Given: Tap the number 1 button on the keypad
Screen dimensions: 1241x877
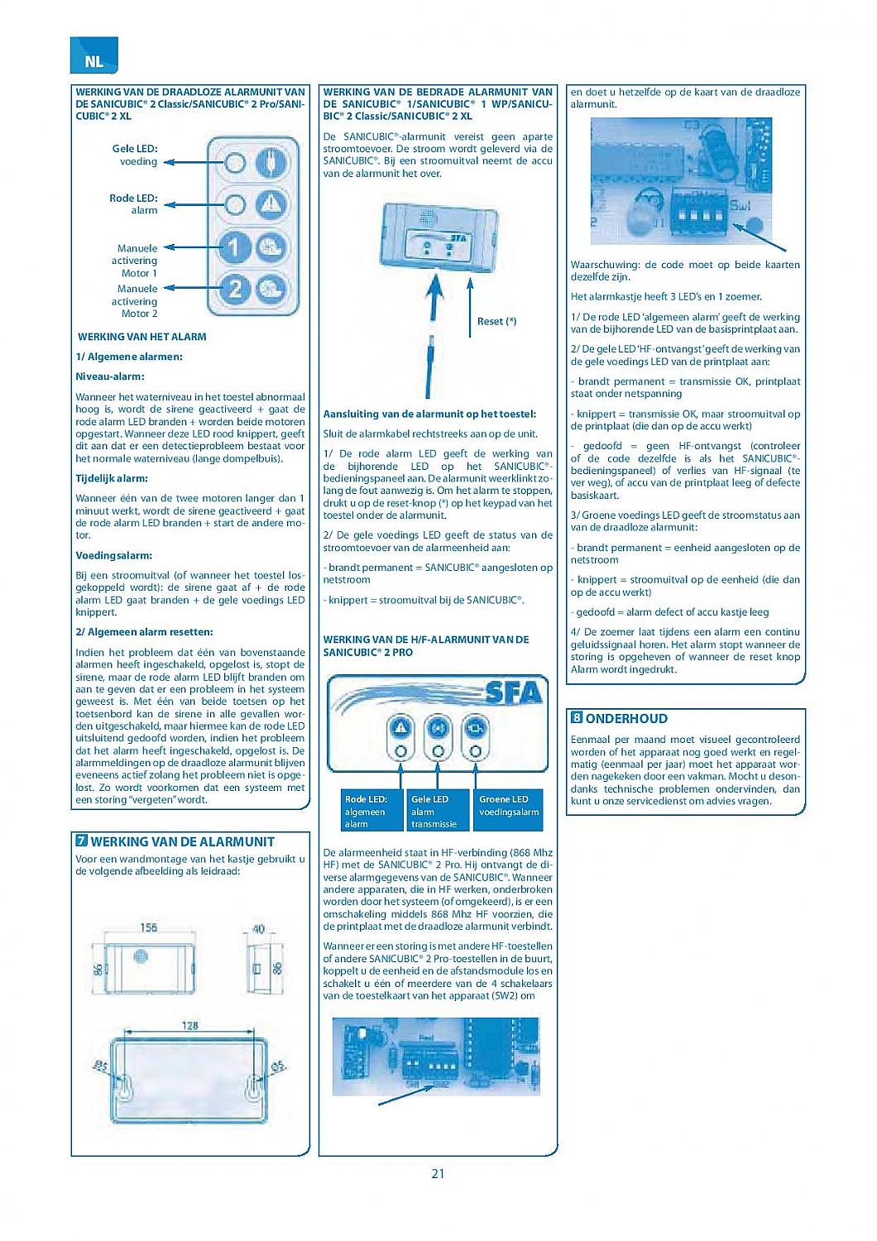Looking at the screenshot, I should coord(235,246).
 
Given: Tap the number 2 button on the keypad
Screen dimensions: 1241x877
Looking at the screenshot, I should coord(235,289).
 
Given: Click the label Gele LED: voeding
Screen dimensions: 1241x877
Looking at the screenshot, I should coord(135,156).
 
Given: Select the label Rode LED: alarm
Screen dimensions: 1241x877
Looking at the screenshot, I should coord(133,204).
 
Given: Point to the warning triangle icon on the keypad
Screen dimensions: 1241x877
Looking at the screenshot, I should coord(271,204).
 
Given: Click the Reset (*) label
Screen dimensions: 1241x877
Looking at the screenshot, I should coord(496,321).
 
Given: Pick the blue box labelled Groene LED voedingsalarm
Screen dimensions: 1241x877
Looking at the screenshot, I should coord(509,806).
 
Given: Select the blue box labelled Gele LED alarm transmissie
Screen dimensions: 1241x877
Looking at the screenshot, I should coord(435,811).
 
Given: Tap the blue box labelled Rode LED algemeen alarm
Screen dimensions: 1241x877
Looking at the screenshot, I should coord(367,811).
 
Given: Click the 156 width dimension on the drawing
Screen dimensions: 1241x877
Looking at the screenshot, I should coord(149,927).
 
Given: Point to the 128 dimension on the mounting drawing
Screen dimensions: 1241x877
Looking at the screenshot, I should coord(189,1025).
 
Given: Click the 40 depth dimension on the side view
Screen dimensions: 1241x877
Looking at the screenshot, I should coord(259,929).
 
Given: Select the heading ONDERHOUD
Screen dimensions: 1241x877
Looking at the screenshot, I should coord(626,719).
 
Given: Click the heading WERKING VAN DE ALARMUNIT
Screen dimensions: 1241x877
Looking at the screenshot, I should coord(182,842).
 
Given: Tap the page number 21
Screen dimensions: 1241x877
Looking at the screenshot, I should coord(438,1173).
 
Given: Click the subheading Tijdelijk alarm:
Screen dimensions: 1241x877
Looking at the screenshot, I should coord(112,478).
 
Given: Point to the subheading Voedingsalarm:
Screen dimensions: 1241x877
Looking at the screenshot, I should coord(114,556).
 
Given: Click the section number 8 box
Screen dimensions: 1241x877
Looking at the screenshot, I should coord(577,718).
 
